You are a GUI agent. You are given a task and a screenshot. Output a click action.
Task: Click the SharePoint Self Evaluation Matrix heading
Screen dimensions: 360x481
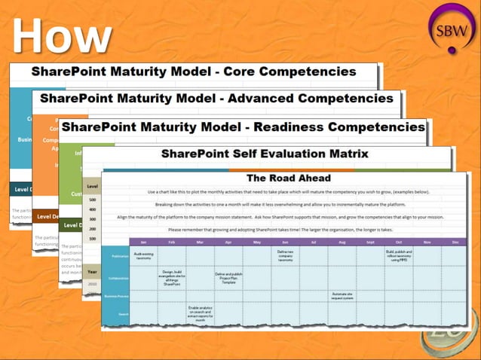(265, 154)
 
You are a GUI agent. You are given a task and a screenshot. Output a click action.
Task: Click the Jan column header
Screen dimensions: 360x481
(143, 242)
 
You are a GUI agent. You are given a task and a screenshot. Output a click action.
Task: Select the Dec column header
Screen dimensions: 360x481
(455, 242)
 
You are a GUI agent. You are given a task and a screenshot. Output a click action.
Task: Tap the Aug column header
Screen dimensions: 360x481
(342, 242)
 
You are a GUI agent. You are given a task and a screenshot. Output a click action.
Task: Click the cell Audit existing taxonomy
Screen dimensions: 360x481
(143, 256)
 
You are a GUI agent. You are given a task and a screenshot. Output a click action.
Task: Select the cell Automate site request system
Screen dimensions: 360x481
(342, 295)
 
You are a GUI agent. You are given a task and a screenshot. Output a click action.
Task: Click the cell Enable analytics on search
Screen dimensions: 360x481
(200, 311)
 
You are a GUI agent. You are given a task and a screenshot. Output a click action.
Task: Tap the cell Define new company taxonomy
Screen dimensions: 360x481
(285, 256)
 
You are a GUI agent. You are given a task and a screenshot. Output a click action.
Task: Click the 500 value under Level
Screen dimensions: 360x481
(93, 199)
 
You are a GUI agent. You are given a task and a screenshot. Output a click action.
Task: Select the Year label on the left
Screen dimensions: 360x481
(91, 271)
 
